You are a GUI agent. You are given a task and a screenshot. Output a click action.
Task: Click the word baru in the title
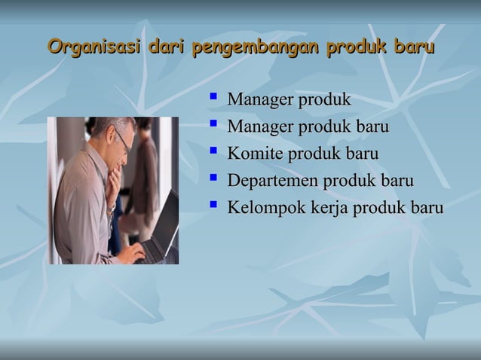414,49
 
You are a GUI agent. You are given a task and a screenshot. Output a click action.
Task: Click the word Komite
255,154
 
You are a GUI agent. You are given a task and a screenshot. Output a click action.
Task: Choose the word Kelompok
265,208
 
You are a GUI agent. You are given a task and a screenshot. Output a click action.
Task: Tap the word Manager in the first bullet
260,100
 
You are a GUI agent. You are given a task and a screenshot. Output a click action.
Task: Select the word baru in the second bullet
372,127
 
